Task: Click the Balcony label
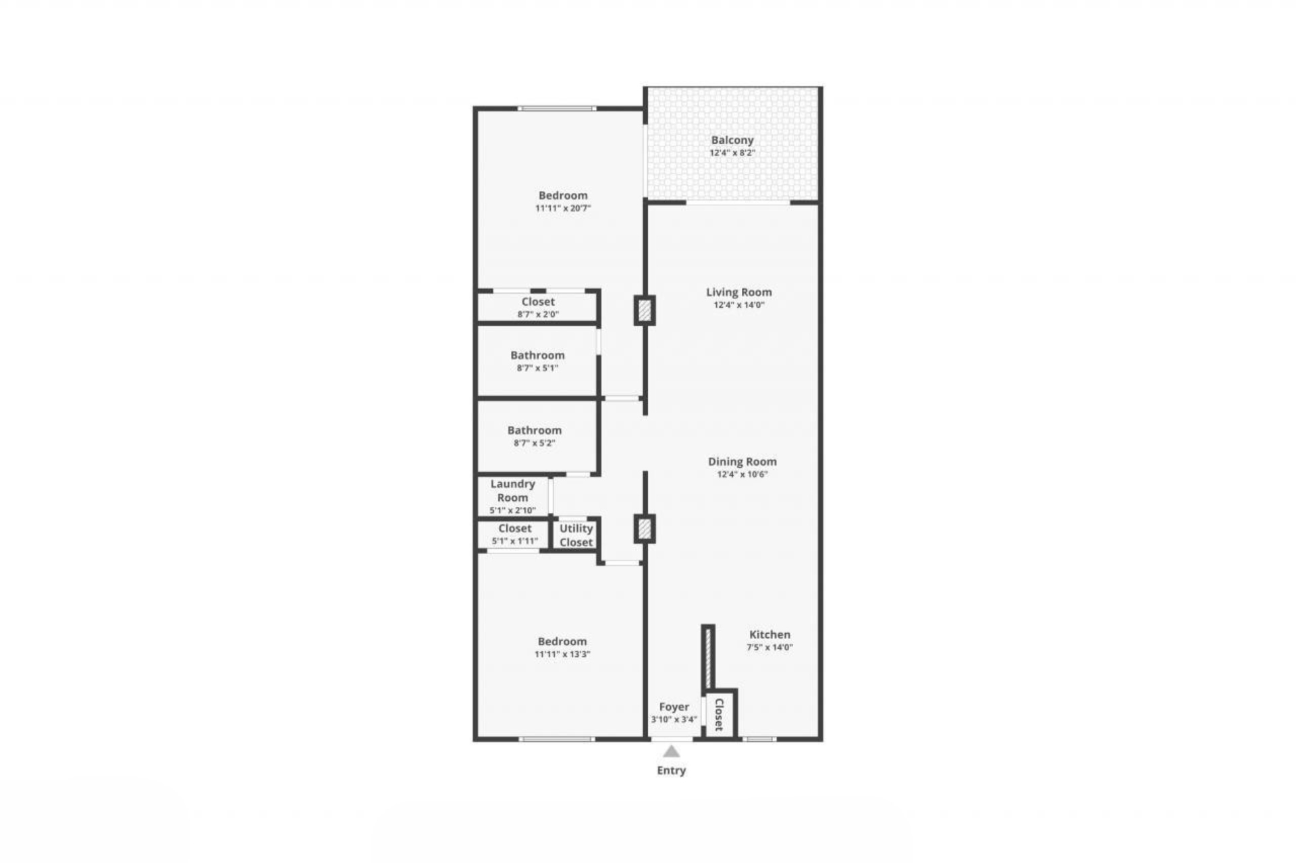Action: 732,140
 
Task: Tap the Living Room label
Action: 739,292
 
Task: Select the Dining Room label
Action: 742,462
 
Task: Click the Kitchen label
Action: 769,634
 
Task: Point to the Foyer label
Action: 674,707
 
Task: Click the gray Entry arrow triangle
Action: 671,751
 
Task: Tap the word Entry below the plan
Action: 672,770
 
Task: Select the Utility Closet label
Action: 576,535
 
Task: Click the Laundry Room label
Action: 513,491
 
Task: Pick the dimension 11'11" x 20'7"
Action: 563,209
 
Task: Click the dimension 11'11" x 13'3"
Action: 562,654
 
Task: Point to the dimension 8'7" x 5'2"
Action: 535,443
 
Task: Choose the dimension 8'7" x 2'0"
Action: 538,315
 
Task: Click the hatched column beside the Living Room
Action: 645,310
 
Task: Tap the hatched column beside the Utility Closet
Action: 645,529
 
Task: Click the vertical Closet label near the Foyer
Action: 719,715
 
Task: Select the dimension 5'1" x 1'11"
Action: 515,541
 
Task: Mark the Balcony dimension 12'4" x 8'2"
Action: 732,153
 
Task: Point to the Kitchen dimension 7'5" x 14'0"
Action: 769,647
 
